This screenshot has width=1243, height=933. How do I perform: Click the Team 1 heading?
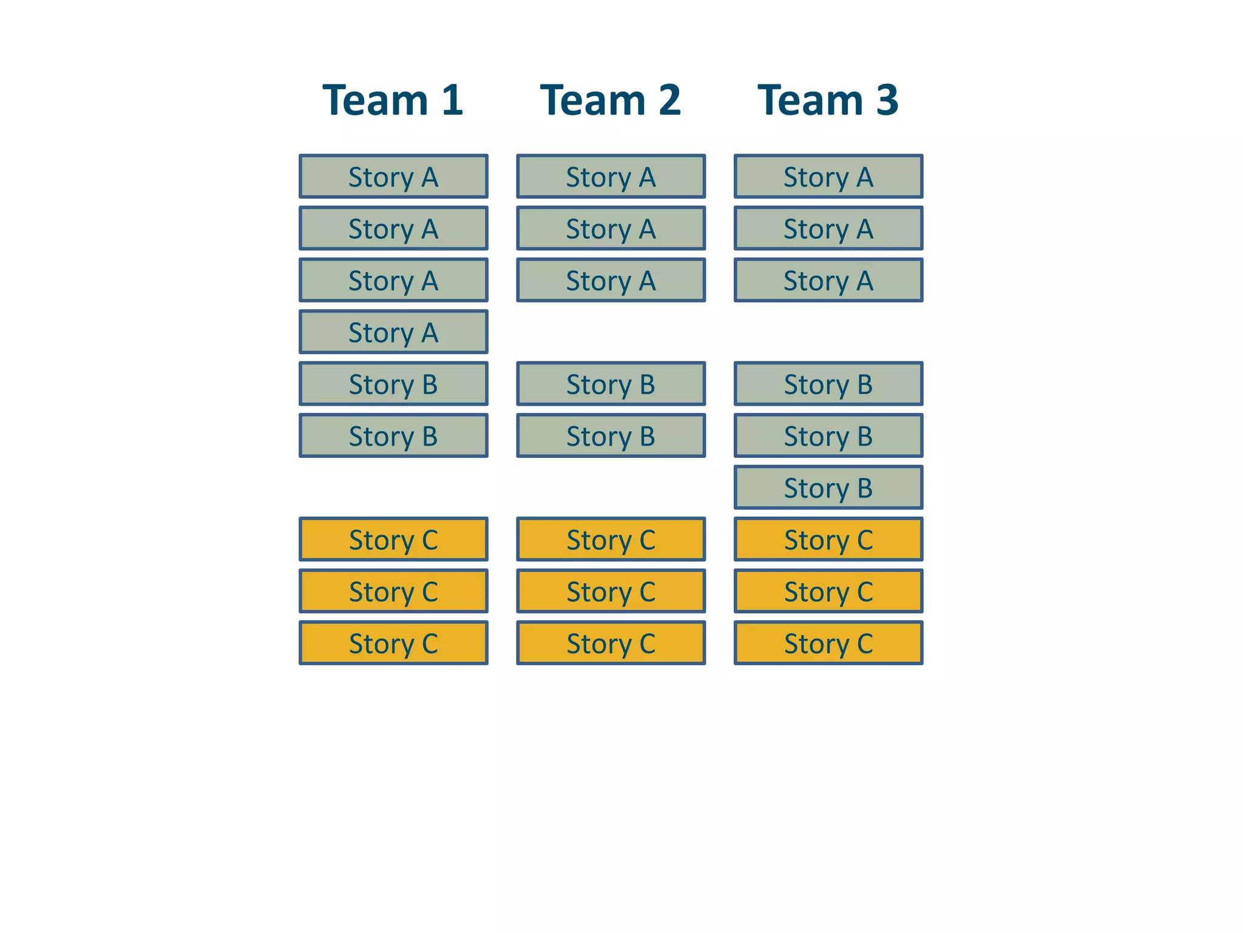(x=393, y=100)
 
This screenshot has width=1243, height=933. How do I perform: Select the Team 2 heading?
(x=611, y=100)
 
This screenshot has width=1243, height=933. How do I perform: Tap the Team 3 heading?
(x=828, y=100)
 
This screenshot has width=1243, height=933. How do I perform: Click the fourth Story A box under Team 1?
(x=393, y=332)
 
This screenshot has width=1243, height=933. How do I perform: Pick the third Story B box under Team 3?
(x=828, y=488)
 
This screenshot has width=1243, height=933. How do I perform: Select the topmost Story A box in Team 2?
(x=611, y=177)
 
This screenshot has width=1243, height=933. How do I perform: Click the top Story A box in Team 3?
(x=828, y=177)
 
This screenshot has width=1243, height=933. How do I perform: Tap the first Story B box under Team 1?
(x=393, y=384)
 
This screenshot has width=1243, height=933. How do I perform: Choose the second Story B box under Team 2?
(x=611, y=436)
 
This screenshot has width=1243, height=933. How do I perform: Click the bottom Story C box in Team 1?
(x=393, y=643)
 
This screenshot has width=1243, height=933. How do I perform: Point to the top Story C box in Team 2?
(x=611, y=539)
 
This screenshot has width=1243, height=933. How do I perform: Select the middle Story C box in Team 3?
(x=828, y=592)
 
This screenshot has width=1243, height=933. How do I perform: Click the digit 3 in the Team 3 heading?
(x=887, y=100)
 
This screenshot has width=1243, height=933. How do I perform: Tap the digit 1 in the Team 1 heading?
(x=452, y=100)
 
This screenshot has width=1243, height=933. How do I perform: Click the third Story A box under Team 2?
(x=611, y=281)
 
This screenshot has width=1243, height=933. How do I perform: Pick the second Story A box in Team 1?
(x=393, y=228)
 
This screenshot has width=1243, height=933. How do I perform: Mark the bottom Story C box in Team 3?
(x=828, y=643)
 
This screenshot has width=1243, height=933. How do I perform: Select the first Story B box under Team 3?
(x=828, y=384)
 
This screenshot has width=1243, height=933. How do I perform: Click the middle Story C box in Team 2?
(x=611, y=592)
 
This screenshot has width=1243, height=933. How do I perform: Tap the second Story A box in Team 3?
(x=828, y=228)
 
